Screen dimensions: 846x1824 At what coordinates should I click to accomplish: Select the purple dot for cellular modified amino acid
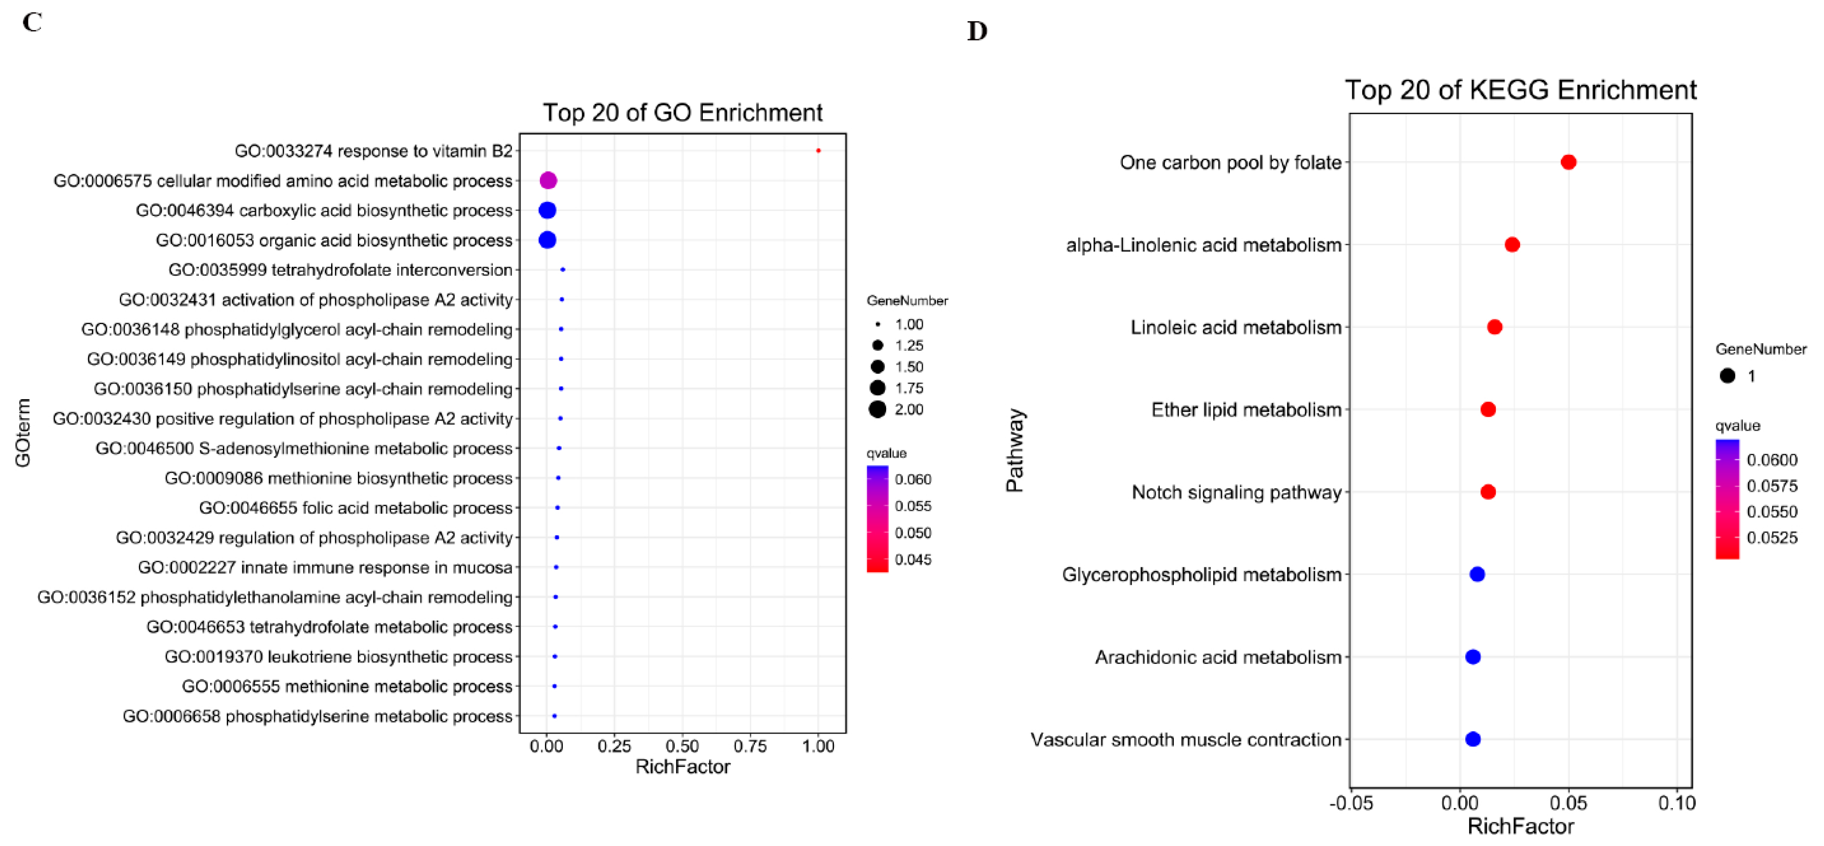pos(548,180)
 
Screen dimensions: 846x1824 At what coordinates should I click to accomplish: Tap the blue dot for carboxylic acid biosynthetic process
pos(547,210)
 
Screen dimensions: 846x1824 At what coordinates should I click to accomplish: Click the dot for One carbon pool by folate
pos(1568,162)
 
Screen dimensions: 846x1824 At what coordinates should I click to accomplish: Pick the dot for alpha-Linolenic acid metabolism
pos(1512,245)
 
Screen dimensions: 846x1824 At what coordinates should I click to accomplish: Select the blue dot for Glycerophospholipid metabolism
pos(1477,574)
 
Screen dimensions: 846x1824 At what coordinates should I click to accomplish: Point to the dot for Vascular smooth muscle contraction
pos(1473,739)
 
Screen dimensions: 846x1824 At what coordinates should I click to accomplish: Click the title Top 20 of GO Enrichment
pos(683,113)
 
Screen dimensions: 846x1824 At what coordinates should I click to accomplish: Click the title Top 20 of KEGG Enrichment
pos(1520,90)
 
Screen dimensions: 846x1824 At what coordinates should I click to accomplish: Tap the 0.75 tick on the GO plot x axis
pos(750,746)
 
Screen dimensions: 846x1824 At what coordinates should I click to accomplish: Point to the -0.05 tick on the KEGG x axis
pos(1351,803)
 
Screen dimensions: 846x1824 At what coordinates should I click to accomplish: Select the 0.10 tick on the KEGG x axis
pos(1677,803)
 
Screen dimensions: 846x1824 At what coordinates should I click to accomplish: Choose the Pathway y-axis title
pos(1015,450)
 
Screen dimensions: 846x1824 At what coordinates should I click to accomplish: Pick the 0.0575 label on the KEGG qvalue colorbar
pos(1772,486)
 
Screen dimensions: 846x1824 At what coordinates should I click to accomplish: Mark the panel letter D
pos(977,31)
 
